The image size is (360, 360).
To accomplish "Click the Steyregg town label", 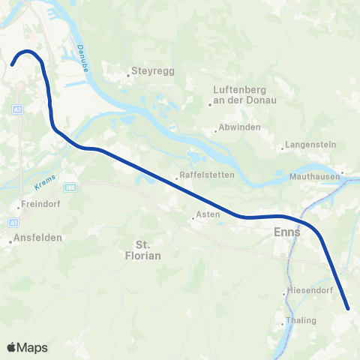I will [x=145, y=72].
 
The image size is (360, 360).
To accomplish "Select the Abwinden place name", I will [x=240, y=127].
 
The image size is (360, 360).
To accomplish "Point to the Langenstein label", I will [x=307, y=146].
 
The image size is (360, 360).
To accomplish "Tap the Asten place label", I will [x=206, y=216].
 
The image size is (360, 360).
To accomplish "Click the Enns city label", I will [x=287, y=232].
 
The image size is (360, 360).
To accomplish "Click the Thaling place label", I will [x=301, y=321].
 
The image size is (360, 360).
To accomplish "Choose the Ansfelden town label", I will [x=37, y=238].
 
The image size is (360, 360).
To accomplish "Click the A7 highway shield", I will [x=16, y=109].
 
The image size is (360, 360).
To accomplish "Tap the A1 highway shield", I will [x=13, y=223].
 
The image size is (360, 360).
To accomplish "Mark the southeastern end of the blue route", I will [x=348, y=307].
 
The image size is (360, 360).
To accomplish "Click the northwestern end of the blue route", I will [x=13, y=65].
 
